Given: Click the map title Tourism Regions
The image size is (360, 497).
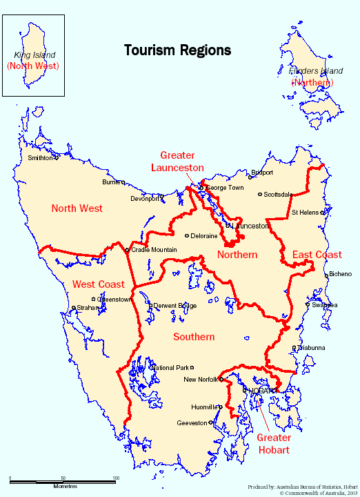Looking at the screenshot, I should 177,50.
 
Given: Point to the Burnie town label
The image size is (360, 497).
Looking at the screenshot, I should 110,182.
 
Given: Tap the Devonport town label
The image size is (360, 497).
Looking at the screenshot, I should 145,199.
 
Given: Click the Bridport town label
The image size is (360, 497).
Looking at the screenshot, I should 262,173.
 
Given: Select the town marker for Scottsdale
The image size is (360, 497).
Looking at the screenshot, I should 259,194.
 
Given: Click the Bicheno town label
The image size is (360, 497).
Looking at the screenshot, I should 340,274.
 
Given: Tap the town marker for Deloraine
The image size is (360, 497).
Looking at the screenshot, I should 186,235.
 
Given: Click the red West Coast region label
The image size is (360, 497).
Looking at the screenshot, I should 98,284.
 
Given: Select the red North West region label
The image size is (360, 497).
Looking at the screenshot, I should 77,208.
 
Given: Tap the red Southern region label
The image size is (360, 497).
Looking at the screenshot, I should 194,337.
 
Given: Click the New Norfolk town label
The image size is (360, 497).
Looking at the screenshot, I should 200,380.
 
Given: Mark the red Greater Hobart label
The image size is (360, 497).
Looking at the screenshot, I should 274,444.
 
